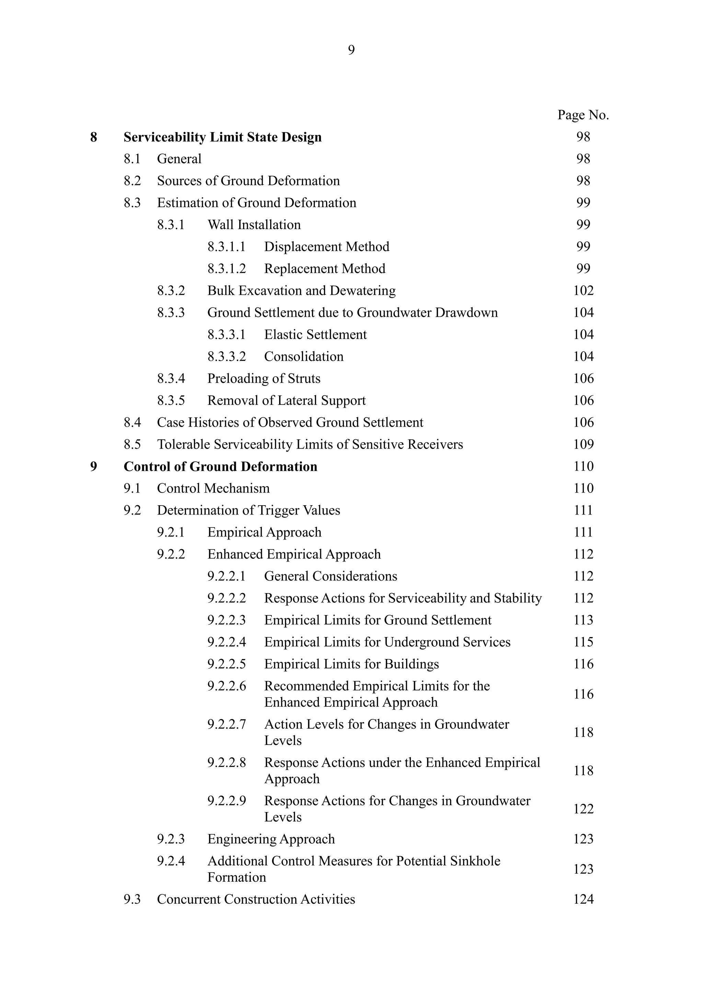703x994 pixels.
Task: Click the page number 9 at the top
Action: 351,50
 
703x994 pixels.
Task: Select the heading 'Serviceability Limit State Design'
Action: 222,137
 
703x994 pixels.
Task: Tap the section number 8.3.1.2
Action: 227,269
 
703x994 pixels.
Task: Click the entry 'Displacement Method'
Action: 326,247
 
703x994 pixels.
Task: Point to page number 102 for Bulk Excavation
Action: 583,290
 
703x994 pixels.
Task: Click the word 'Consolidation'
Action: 303,357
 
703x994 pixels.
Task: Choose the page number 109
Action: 583,444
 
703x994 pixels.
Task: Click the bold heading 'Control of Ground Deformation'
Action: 220,467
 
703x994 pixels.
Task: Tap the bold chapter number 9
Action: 93,467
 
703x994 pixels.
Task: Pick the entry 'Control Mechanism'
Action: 213,488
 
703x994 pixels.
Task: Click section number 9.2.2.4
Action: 227,642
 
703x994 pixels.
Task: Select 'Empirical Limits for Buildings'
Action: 351,664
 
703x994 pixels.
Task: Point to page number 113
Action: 583,620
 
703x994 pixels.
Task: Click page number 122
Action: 583,809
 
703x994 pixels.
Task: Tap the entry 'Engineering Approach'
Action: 271,839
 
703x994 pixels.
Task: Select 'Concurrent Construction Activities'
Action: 256,900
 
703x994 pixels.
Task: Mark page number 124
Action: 583,900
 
